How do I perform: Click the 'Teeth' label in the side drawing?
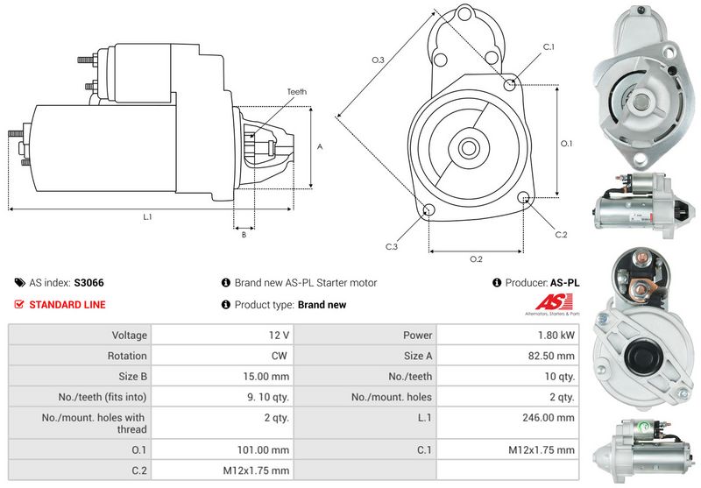[x=296, y=91]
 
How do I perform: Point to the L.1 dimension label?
[x=147, y=216]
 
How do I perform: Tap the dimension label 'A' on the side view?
[x=320, y=146]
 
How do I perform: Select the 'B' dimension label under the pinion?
[x=243, y=234]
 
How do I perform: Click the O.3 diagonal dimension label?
[x=378, y=60]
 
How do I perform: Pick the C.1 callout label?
[x=549, y=46]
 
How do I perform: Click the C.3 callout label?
[x=392, y=246]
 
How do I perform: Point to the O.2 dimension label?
[x=476, y=258]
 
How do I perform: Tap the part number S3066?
[x=89, y=283]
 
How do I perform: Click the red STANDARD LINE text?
[x=67, y=305]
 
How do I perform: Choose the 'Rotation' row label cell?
[x=79, y=356]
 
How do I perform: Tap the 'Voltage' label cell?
[x=79, y=335]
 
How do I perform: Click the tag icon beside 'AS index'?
[x=19, y=283]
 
